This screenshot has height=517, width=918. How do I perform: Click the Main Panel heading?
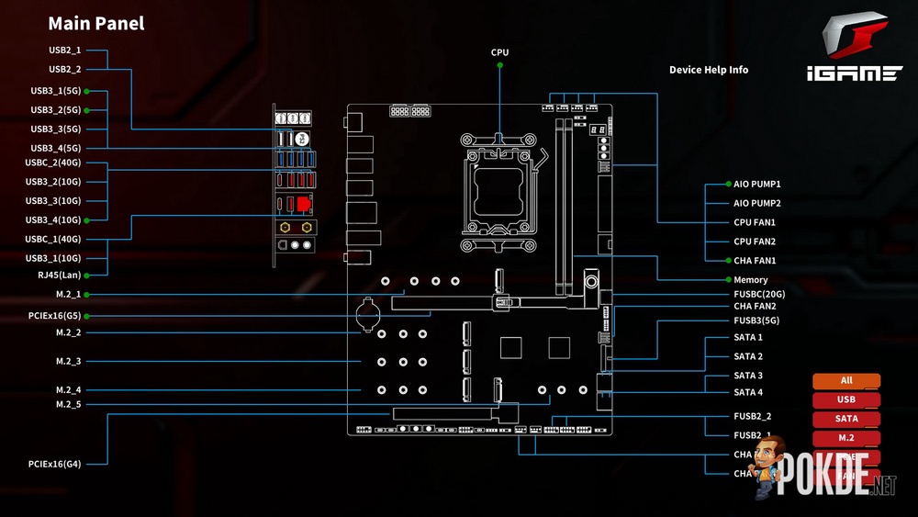click(95, 24)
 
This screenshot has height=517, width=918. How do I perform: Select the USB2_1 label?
click(64, 50)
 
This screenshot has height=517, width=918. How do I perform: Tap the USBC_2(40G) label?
click(52, 163)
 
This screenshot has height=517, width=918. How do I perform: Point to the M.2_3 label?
click(68, 361)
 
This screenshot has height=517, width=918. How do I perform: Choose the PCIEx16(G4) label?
click(54, 464)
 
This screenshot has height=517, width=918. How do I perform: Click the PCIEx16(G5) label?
click(54, 316)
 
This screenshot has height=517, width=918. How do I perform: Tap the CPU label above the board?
click(499, 52)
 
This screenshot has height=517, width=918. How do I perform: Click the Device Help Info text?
click(708, 70)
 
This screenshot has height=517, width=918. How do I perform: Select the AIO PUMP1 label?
click(756, 185)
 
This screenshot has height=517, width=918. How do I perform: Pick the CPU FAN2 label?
click(755, 242)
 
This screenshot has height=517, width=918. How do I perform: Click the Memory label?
click(750, 280)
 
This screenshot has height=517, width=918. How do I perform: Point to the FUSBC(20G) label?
click(759, 294)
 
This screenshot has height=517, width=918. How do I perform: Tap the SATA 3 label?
click(748, 376)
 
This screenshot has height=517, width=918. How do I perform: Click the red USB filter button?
click(845, 399)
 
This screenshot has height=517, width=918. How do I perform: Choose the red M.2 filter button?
click(845, 438)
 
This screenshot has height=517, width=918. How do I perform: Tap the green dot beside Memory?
click(726, 280)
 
